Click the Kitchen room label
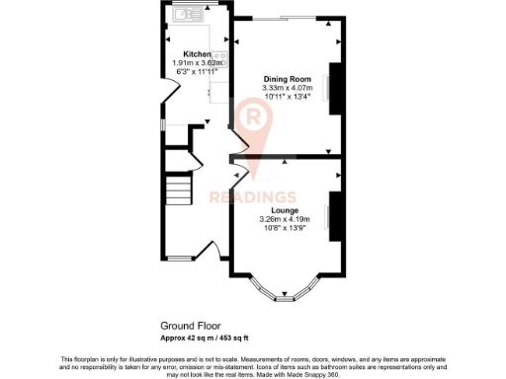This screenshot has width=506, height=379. tap(196, 54)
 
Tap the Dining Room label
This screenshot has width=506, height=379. tap(287, 78)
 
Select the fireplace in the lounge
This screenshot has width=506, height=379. tap(334, 218)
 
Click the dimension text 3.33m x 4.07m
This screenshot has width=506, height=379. tap(287, 87)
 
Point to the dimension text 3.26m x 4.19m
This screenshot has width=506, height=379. tap(286, 219)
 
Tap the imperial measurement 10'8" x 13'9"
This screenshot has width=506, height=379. tap(286, 228)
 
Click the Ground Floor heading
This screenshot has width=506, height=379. tap(190, 325)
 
